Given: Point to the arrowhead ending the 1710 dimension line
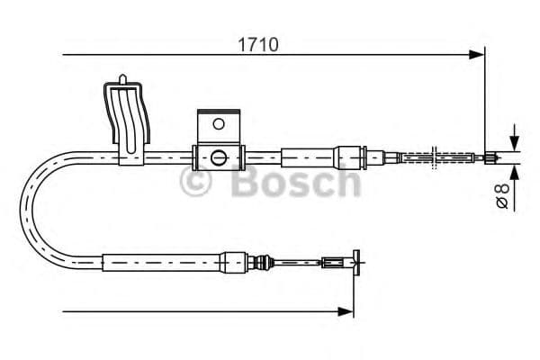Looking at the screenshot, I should (x=478, y=56).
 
